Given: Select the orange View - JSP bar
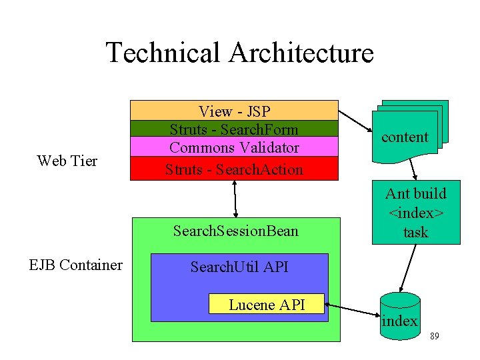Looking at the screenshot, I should pyautogui.click(x=234, y=111).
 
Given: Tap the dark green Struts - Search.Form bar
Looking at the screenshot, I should pyautogui.click(x=234, y=128).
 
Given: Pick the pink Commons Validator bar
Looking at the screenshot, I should pyautogui.click(x=234, y=147).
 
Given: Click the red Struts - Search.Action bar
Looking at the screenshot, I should pyautogui.click(x=234, y=169).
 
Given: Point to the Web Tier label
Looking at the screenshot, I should pyautogui.click(x=67, y=161).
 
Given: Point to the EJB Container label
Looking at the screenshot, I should pyautogui.click(x=75, y=265).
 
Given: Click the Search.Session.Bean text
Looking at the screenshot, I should pyautogui.click(x=235, y=231).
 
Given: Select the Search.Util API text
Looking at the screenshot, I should pyautogui.click(x=239, y=267).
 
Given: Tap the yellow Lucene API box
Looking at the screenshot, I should pyautogui.click(x=266, y=305).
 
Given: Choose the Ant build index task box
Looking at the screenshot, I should pyautogui.click(x=415, y=213).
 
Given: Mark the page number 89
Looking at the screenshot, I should pyautogui.click(x=434, y=337).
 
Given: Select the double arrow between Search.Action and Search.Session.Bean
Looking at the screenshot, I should pyautogui.click(x=235, y=199).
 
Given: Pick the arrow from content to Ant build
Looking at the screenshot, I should pyautogui.click(x=412, y=171).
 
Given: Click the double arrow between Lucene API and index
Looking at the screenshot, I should pyautogui.click(x=351, y=310).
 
